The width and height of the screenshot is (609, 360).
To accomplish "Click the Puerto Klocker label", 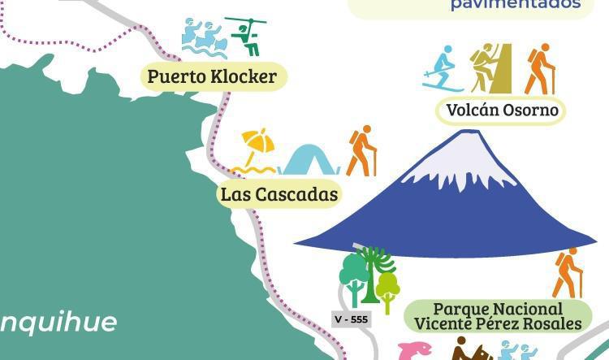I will pos(213,77).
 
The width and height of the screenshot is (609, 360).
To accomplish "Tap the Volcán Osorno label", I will pos(502,110).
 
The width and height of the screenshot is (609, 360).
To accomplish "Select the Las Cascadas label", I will pos(279,195).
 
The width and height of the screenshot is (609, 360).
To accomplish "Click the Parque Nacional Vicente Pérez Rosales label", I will pos(498,316).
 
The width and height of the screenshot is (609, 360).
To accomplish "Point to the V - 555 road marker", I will pos(351,319).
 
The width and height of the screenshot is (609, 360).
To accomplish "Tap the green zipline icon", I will pos(245,36).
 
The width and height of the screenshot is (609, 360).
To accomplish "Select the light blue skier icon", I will pos(443,68).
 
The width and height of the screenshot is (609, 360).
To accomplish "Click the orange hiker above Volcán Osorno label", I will pos(538,69).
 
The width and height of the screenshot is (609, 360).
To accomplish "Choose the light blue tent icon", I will pos(309,160).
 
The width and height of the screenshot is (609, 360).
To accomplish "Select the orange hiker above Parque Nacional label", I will pos(568,273).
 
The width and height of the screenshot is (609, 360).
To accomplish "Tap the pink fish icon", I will pos(414,352).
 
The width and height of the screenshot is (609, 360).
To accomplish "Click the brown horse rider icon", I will pos(470,349).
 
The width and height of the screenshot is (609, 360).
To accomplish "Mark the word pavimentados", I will pos(516,4).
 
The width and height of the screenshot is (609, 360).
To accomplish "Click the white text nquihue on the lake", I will pos(57,322).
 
